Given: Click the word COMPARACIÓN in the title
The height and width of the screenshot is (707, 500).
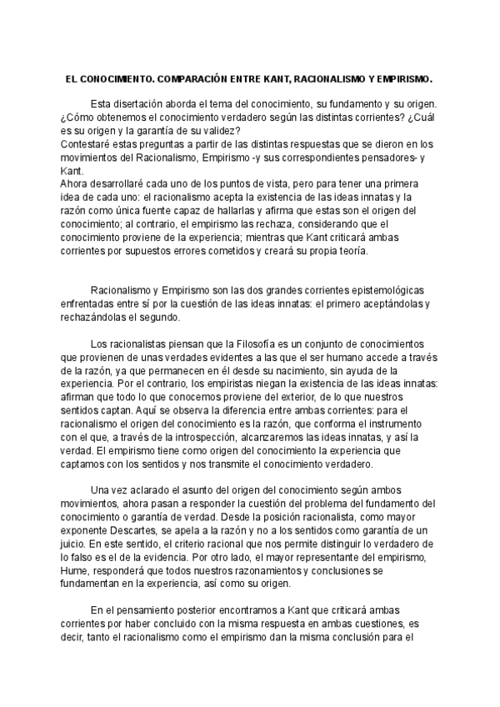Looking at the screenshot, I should pyautogui.click(x=191, y=81).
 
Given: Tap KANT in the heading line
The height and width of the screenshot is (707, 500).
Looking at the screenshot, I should pyautogui.click(x=274, y=81).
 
